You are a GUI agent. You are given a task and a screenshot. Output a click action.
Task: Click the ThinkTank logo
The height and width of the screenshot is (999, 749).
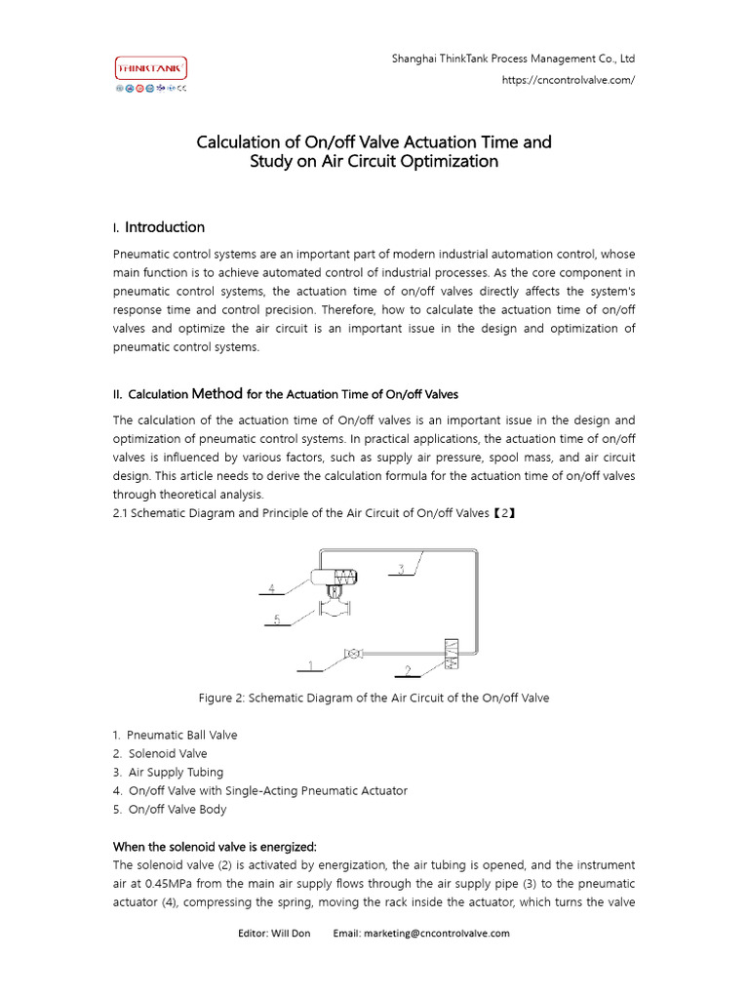tap(151, 68)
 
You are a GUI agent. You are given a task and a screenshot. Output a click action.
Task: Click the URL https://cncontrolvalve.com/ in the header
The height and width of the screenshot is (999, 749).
tap(569, 80)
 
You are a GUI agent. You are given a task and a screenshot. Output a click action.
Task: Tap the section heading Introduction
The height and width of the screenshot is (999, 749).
tap(165, 227)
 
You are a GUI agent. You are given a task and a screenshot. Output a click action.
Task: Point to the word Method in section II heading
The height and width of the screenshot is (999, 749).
tap(217, 394)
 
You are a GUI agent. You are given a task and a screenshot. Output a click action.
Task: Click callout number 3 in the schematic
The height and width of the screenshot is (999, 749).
tap(401, 569)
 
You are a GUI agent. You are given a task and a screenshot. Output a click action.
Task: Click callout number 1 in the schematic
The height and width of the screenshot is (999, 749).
tap(311, 666)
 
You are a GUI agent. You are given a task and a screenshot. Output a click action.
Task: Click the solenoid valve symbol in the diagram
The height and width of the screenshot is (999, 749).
tap(451, 655)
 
